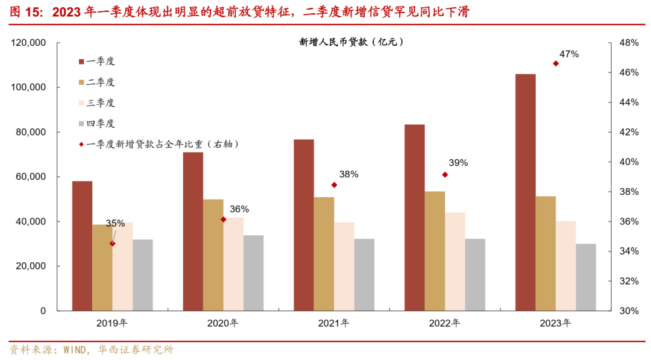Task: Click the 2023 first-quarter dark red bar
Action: click(x=525, y=192)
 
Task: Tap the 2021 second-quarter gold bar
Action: click(x=324, y=254)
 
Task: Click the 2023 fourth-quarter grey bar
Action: click(x=586, y=277)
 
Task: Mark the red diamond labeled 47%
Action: click(x=556, y=63)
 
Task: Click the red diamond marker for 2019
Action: click(x=112, y=244)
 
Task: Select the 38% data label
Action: click(x=348, y=174)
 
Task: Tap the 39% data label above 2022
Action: click(x=458, y=163)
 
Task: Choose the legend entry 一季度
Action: click(x=100, y=62)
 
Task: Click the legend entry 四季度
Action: click(x=100, y=124)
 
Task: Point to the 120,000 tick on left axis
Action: click(x=29, y=43)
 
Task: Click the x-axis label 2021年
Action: click(x=333, y=323)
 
